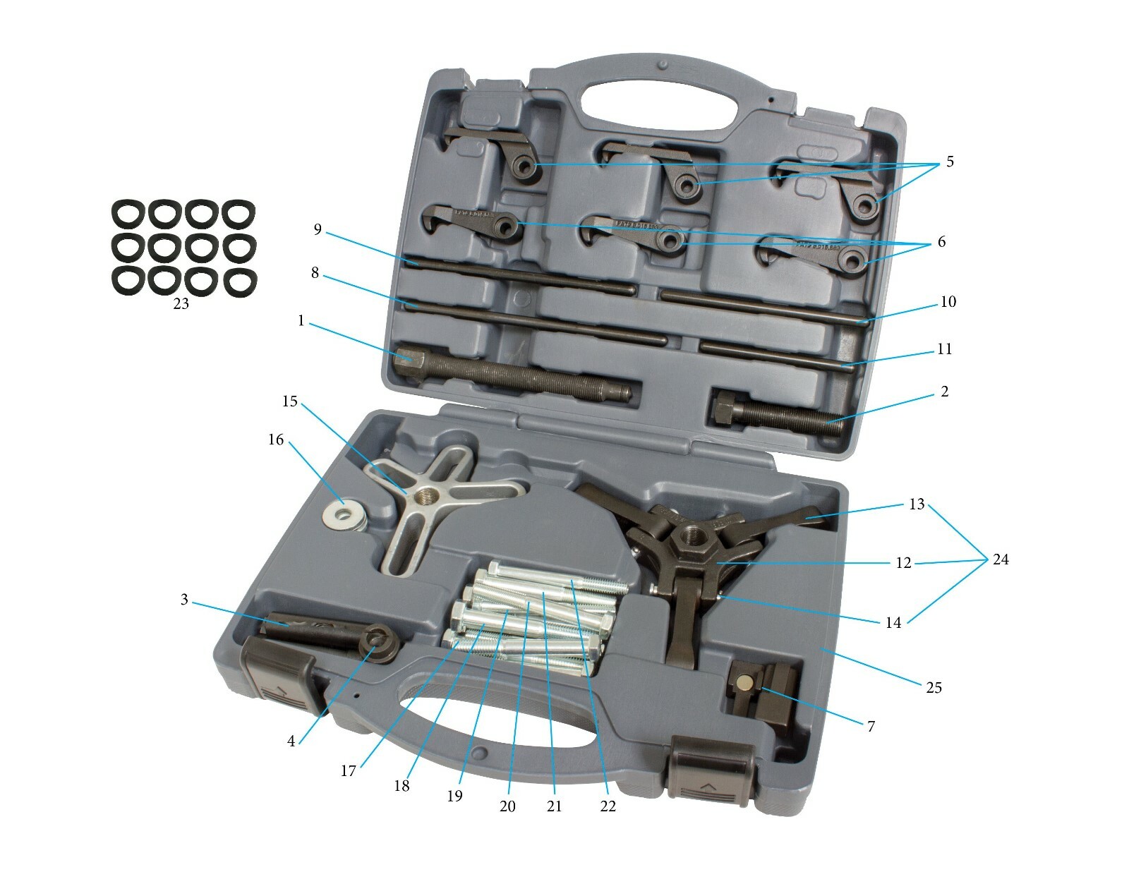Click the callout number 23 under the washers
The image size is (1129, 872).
[180, 304]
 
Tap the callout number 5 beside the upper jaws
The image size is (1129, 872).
[949, 162]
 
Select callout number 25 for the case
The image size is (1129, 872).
[933, 688]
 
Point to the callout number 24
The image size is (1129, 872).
[1000, 559]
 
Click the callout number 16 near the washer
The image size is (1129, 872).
[276, 440]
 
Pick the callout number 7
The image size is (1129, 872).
[871, 726]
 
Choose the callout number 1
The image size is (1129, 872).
[301, 320]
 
